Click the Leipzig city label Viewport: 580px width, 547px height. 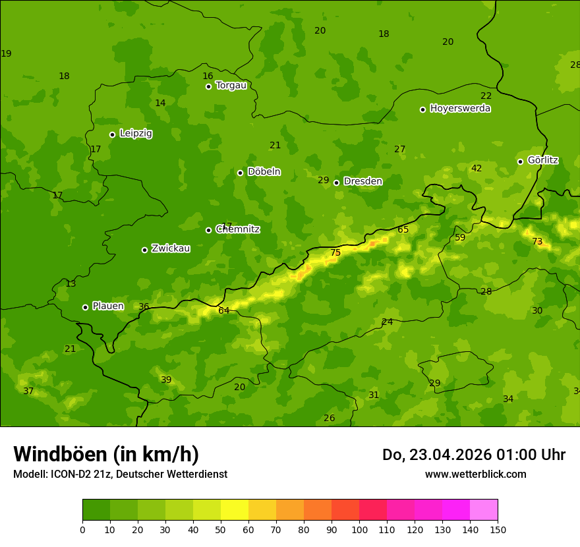[x=136, y=133]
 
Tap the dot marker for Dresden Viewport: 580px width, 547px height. [x=336, y=183]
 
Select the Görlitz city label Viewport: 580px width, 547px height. [x=542, y=160]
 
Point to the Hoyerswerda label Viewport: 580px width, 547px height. [x=460, y=108]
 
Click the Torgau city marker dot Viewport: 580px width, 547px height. [x=208, y=86]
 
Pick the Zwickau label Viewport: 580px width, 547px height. [x=171, y=248]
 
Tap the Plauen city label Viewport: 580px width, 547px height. [x=108, y=306]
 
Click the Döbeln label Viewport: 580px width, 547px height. [x=264, y=171]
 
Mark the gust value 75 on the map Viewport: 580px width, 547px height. [x=335, y=253]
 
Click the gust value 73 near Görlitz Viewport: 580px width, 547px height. [x=537, y=242]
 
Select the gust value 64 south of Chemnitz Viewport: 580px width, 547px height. [x=224, y=310]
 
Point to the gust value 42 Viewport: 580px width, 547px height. [x=477, y=169]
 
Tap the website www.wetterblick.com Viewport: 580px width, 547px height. [x=475, y=475]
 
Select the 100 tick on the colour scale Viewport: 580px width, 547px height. [x=359, y=529]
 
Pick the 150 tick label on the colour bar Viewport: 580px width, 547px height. [x=498, y=529]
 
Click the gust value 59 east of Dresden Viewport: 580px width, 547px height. [x=460, y=238]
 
